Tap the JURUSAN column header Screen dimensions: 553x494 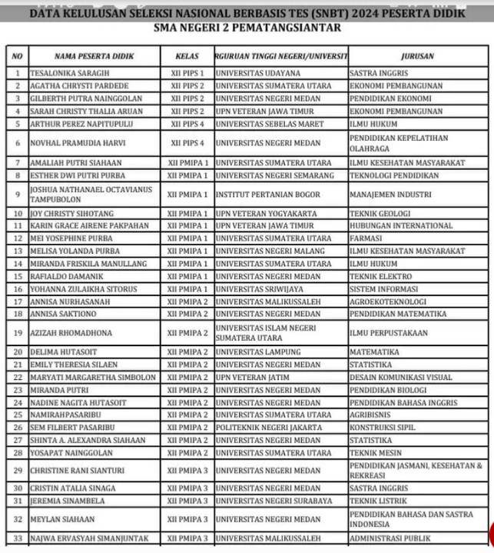point(417,56)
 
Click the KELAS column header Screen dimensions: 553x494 point(187,56)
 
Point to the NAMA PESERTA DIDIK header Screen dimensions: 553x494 point(94,56)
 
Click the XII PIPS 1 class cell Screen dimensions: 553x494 point(187,73)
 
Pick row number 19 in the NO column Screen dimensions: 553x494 point(18,333)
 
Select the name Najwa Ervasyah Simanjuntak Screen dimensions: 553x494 point(89,538)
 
